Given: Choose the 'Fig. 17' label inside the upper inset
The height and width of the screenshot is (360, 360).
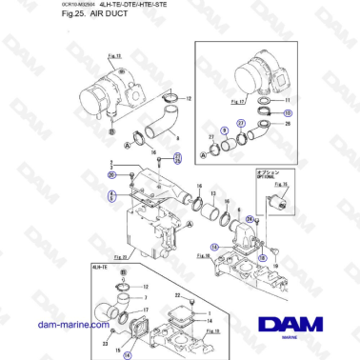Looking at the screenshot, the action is [x=213, y=99].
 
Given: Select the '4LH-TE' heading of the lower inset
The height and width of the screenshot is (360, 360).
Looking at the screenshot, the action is [x=96, y=269].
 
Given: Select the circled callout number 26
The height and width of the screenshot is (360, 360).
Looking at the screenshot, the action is [x=112, y=175].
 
